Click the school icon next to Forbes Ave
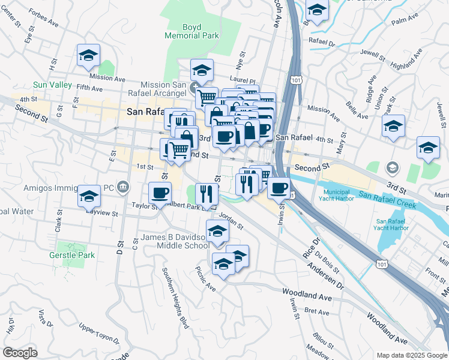click(x=88, y=56)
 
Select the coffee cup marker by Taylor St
click(x=160, y=193)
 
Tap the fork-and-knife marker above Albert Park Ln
click(x=206, y=193)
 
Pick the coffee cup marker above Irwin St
click(x=278, y=188)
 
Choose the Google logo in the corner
click(x=20, y=353)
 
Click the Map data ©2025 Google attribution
click(x=411, y=355)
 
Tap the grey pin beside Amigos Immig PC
click(x=123, y=187)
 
